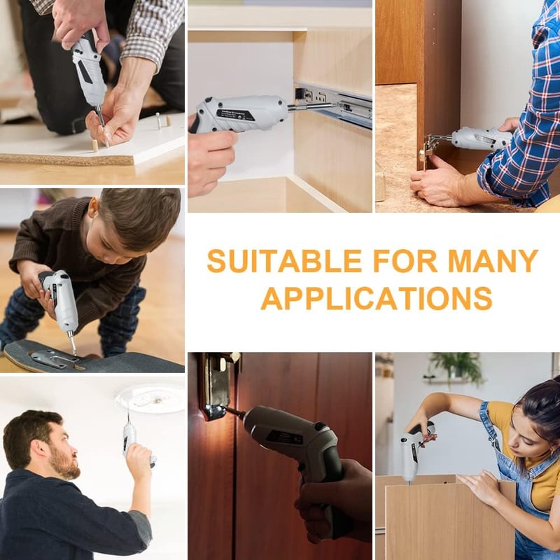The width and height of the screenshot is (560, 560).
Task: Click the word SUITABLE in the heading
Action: (285, 261)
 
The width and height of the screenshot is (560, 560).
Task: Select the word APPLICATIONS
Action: (377, 299)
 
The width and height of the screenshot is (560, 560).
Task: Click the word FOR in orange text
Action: (405, 261)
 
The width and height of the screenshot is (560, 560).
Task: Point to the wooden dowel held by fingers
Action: (94, 146)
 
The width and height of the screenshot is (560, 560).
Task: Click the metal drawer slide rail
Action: (334, 104)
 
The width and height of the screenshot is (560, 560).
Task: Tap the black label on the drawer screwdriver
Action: (235, 115)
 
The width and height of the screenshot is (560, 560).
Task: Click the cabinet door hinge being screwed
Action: (428, 149)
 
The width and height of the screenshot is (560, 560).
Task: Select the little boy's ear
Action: (93, 207)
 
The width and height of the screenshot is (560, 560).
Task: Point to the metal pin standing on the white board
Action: (158, 120)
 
